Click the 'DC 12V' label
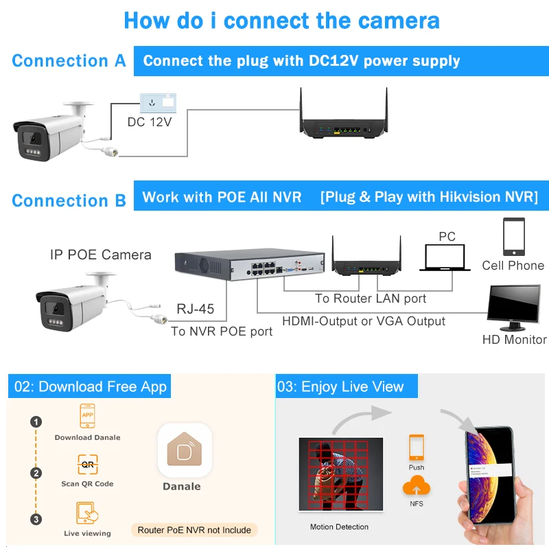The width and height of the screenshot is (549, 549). pyautogui.click(x=149, y=122)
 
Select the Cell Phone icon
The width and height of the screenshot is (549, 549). pyautogui.click(x=513, y=237)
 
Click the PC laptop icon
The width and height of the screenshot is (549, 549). pyautogui.click(x=447, y=258)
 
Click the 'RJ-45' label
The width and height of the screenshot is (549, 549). pyautogui.click(x=196, y=309)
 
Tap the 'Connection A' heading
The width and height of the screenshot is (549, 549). pyautogui.click(x=69, y=60)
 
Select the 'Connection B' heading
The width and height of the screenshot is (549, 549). pyautogui.click(x=69, y=200)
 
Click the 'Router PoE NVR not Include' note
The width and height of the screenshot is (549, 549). pyautogui.click(x=195, y=530)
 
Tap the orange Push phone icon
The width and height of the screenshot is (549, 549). pyautogui.click(x=416, y=447)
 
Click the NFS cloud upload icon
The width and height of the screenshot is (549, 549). pyautogui.click(x=417, y=487)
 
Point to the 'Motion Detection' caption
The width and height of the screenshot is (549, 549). pyautogui.click(x=340, y=527)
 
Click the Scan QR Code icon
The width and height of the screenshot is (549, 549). pyautogui.click(x=87, y=465)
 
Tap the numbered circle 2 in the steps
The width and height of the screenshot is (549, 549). pyautogui.click(x=36, y=473)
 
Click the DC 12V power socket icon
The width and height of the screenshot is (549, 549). pyautogui.click(x=158, y=103)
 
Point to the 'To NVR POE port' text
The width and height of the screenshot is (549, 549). pyautogui.click(x=222, y=331)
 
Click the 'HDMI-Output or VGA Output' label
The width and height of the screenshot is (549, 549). pyautogui.click(x=364, y=320)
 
